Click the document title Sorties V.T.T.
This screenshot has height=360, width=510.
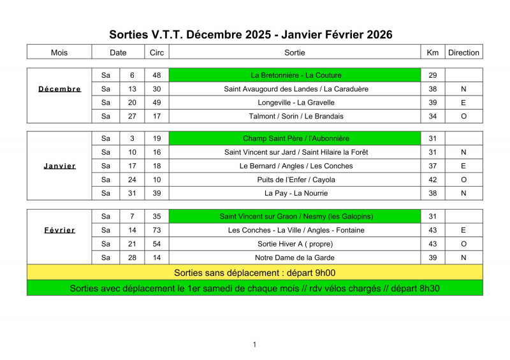click(x=251, y=34)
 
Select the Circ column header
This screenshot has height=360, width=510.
click(x=156, y=52)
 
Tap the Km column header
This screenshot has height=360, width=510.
click(x=432, y=52)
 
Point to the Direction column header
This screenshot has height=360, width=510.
click(x=463, y=52)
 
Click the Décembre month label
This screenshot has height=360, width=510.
click(x=59, y=89)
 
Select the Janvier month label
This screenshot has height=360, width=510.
click(x=59, y=166)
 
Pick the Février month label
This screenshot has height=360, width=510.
click(x=59, y=230)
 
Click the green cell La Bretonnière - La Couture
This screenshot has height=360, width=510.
click(x=295, y=75)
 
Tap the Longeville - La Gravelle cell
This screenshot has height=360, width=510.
click(x=296, y=103)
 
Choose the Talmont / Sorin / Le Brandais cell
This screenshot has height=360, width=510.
click(x=296, y=116)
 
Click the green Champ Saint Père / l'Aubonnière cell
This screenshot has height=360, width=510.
click(x=295, y=138)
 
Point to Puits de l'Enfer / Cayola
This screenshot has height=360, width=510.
click(x=296, y=180)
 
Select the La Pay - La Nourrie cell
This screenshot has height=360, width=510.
click(x=296, y=193)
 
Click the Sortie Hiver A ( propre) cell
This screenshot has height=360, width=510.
click(x=295, y=244)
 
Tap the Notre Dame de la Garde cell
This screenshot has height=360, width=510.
click(x=295, y=257)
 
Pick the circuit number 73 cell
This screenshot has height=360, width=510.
click(x=156, y=230)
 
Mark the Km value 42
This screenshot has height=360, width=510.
click(x=432, y=180)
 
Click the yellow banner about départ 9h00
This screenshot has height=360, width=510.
click(x=255, y=273)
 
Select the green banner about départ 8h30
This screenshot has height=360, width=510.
click(x=255, y=288)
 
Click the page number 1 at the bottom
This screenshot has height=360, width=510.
click(x=254, y=345)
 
